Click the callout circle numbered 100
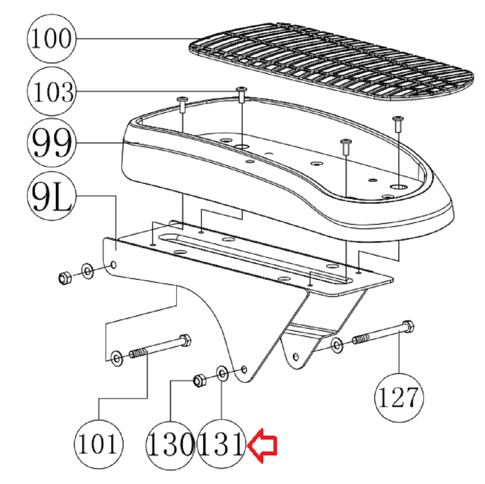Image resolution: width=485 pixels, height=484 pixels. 51,39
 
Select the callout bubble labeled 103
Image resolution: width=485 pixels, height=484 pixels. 51,92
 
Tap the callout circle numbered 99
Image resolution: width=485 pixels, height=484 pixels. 51,143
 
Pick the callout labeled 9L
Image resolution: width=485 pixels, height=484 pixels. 51,196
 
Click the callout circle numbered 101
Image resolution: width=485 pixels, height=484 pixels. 98,444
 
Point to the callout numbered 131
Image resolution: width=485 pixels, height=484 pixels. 222,444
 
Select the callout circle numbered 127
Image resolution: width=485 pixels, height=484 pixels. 399,398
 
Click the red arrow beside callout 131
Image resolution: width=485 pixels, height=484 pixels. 263,446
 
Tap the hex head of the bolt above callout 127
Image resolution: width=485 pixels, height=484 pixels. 408,327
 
